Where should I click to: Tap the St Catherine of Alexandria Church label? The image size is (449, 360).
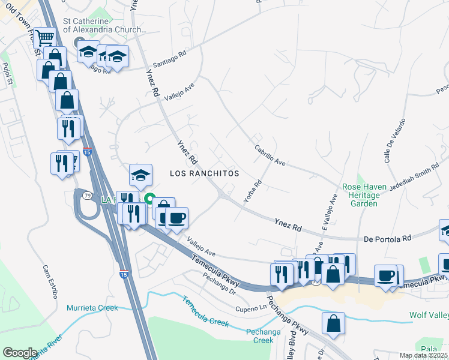pos(104,25)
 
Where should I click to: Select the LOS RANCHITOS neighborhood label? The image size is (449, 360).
pos(204,173)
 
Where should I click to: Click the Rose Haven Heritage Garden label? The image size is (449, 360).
pos(360,196)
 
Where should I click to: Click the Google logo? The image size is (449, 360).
pos(20,353)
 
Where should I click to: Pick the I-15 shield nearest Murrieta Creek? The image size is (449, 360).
pos(123,274)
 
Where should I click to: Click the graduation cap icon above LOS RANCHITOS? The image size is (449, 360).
pos(140,175)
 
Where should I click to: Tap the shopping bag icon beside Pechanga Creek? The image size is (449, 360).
pos(333,323)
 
